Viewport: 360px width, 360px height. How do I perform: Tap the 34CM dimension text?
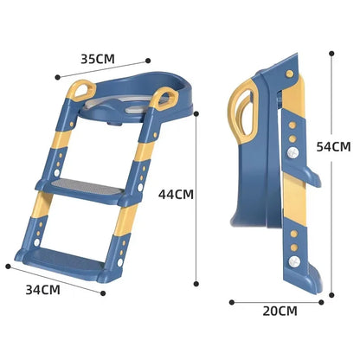(41, 287)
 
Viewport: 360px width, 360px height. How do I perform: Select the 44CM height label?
(176, 195)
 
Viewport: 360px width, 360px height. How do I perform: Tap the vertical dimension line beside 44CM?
(198, 199)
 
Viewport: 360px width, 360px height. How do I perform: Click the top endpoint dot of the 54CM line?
(331, 51)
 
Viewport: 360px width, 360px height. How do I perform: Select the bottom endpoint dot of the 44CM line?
(198, 284)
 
